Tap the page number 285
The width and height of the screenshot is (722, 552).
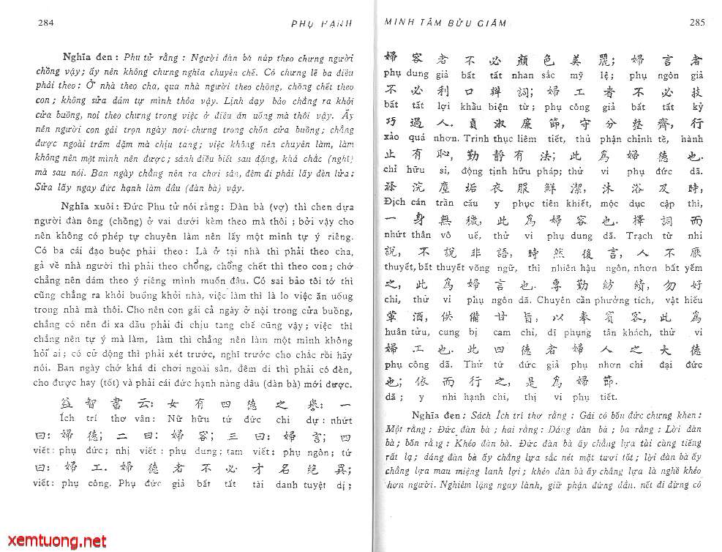(696, 23)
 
